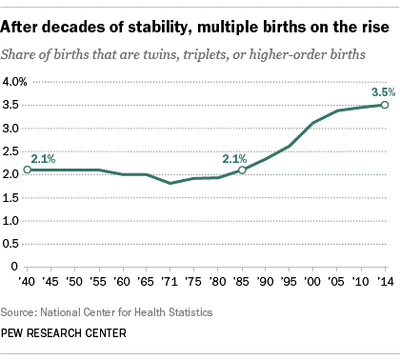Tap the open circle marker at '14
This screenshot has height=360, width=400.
tap(384, 105)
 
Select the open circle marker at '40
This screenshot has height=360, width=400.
tap(28, 170)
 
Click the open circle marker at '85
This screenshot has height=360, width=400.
tap(242, 170)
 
